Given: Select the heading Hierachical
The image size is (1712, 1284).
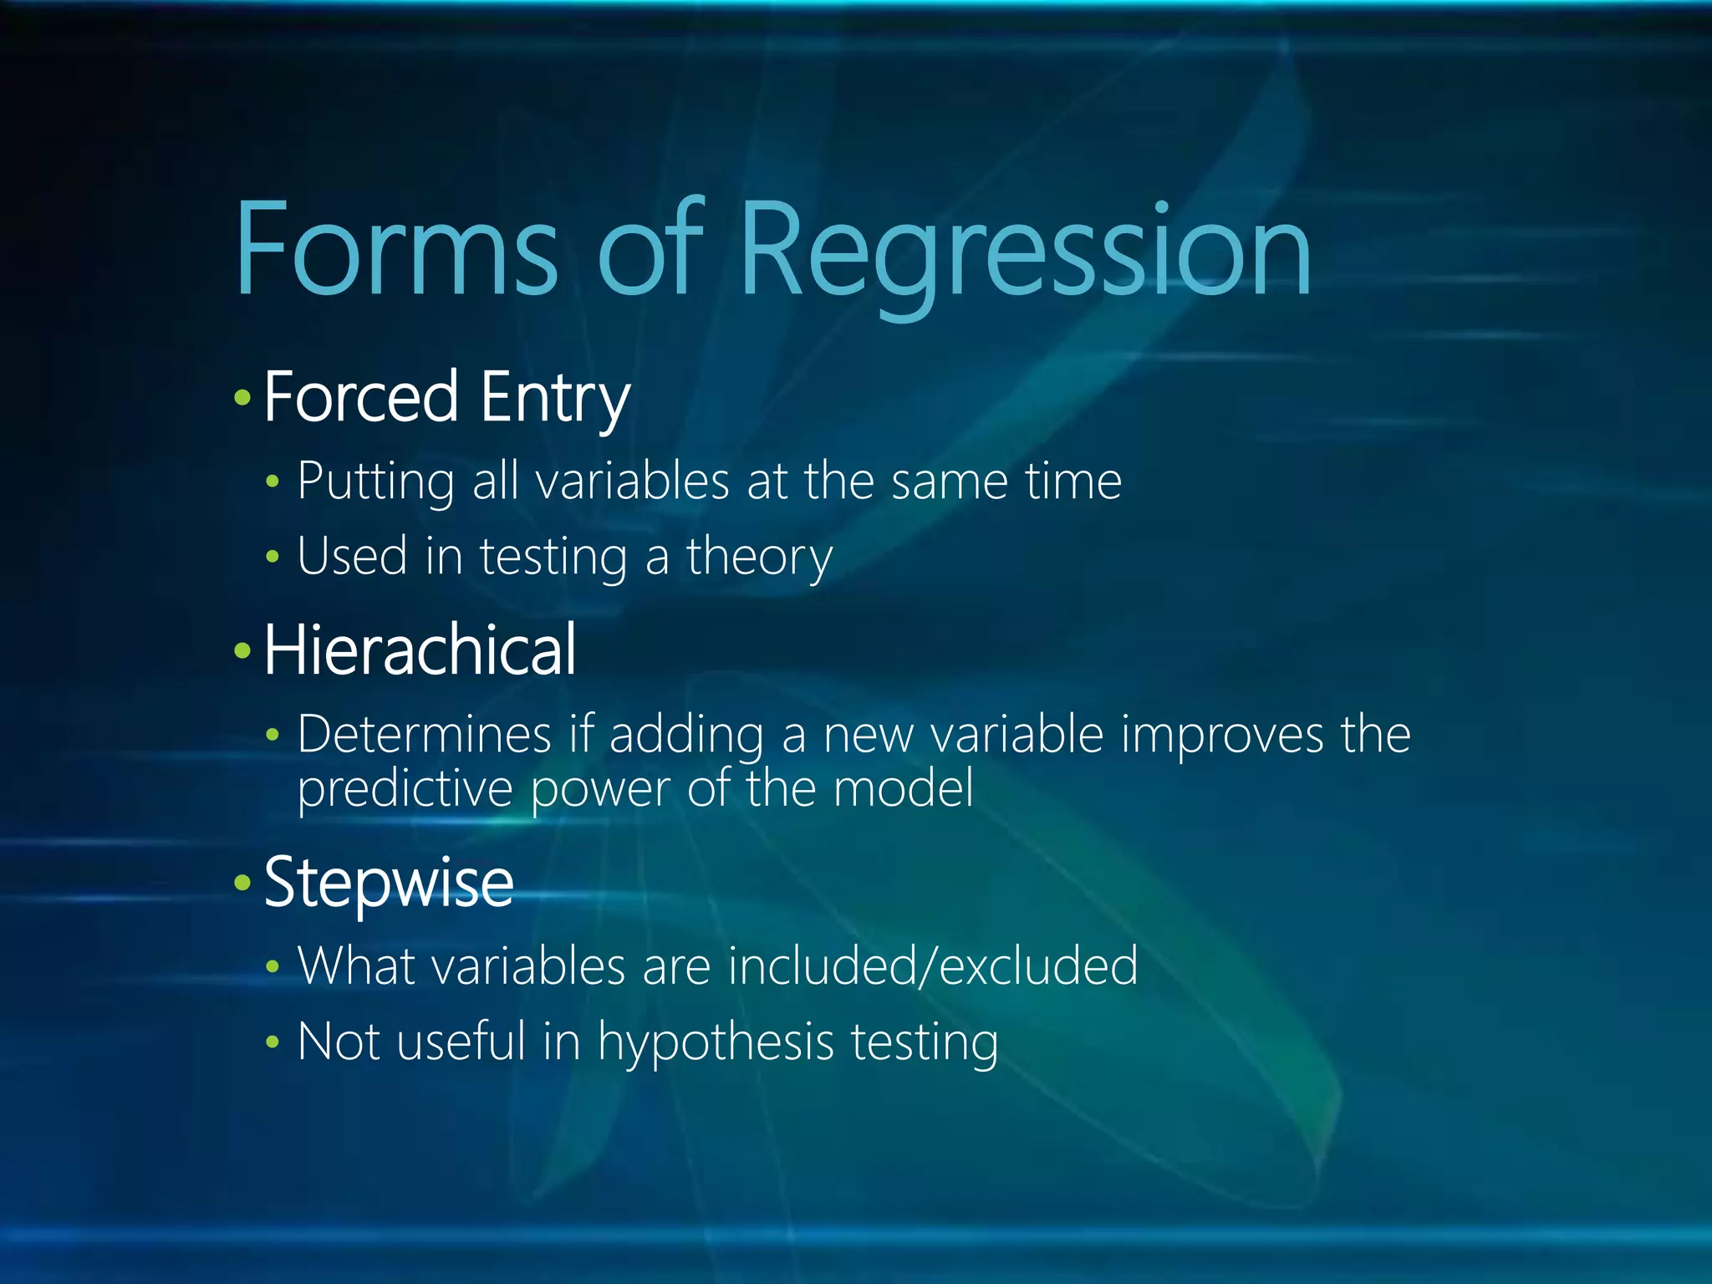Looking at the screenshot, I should point(420,650).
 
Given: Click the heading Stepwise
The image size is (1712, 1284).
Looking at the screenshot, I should point(389,883).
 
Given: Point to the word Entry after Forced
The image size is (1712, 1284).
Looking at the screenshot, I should point(554,398).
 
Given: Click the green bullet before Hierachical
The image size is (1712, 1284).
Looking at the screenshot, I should point(242,650).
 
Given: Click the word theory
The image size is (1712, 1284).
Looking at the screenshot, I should point(759,557).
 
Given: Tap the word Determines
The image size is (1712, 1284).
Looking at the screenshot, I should point(425,735).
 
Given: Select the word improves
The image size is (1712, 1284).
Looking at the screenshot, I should point(1222,735).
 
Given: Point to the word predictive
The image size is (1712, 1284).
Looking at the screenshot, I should point(405,788).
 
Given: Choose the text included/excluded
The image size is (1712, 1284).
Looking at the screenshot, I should point(932,966).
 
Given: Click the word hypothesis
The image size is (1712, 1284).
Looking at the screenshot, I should point(716,1042).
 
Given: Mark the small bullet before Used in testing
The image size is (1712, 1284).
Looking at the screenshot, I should point(272,557).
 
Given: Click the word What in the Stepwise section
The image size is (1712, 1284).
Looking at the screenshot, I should point(356,966).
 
